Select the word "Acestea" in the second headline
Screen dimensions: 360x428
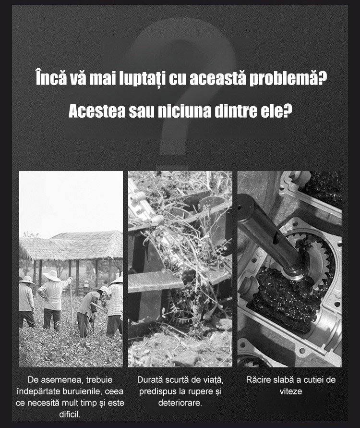(97, 111)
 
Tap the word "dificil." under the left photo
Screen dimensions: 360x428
(70, 415)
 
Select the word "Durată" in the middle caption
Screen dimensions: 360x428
(150, 379)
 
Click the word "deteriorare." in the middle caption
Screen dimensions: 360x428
(180, 403)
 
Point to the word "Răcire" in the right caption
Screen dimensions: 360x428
(258, 379)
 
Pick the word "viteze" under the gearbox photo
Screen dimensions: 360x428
(291, 391)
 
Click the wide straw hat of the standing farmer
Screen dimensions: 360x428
(52, 276)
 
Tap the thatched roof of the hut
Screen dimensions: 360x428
(72, 245)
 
